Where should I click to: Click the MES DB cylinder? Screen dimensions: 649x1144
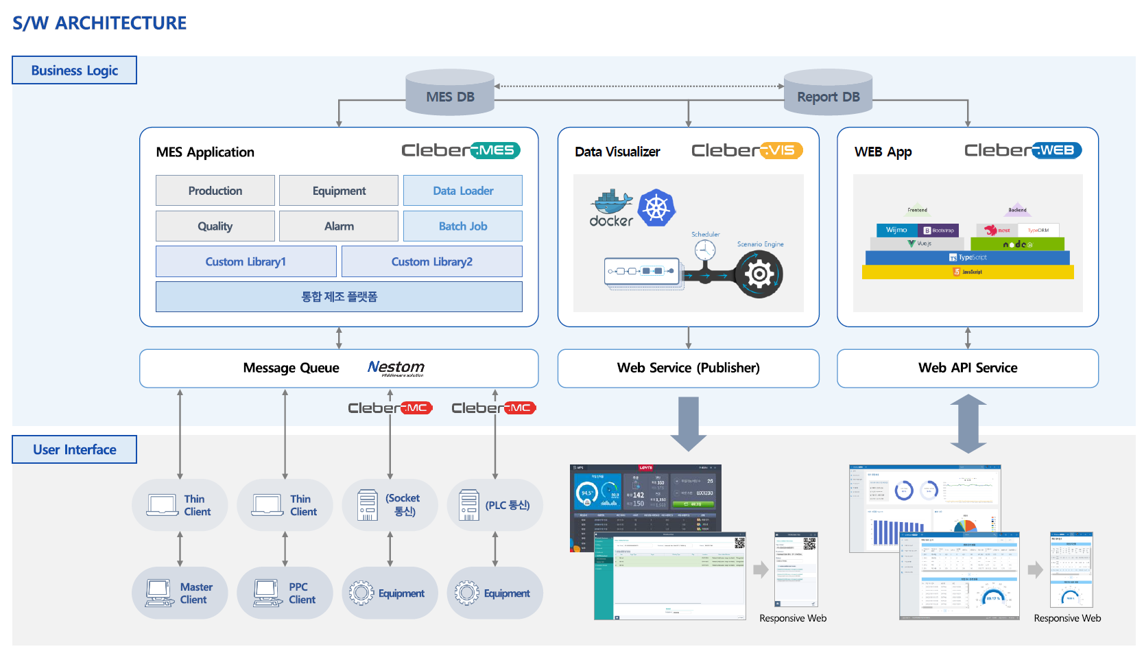pos(450,93)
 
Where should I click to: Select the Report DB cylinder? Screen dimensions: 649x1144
pos(828,93)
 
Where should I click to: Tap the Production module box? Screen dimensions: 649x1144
pos(215,191)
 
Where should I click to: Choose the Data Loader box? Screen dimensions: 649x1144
pos(463,191)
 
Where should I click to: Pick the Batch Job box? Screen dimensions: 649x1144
pos(463,226)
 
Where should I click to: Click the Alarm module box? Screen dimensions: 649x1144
pos(339,226)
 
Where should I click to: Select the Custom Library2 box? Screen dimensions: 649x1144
pos(432,261)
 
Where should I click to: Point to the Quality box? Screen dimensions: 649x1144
pos(215,226)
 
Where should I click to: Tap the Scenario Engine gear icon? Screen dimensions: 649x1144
pos(759,274)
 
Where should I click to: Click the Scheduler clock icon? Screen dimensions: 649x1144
pos(705,250)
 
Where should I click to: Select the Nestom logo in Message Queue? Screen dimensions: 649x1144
pos(396,368)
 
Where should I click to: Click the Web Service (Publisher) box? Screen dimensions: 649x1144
pos(688,368)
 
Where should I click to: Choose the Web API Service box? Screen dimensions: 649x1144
pos(968,368)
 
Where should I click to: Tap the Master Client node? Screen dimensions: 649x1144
pos(180,593)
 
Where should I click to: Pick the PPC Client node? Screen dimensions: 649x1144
pos(285,593)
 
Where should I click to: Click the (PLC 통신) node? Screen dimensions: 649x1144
pos(494,506)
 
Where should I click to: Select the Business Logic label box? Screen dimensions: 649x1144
pos(74,70)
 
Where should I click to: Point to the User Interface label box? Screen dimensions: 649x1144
pos(74,449)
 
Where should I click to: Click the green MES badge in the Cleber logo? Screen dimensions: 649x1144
pos(496,150)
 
